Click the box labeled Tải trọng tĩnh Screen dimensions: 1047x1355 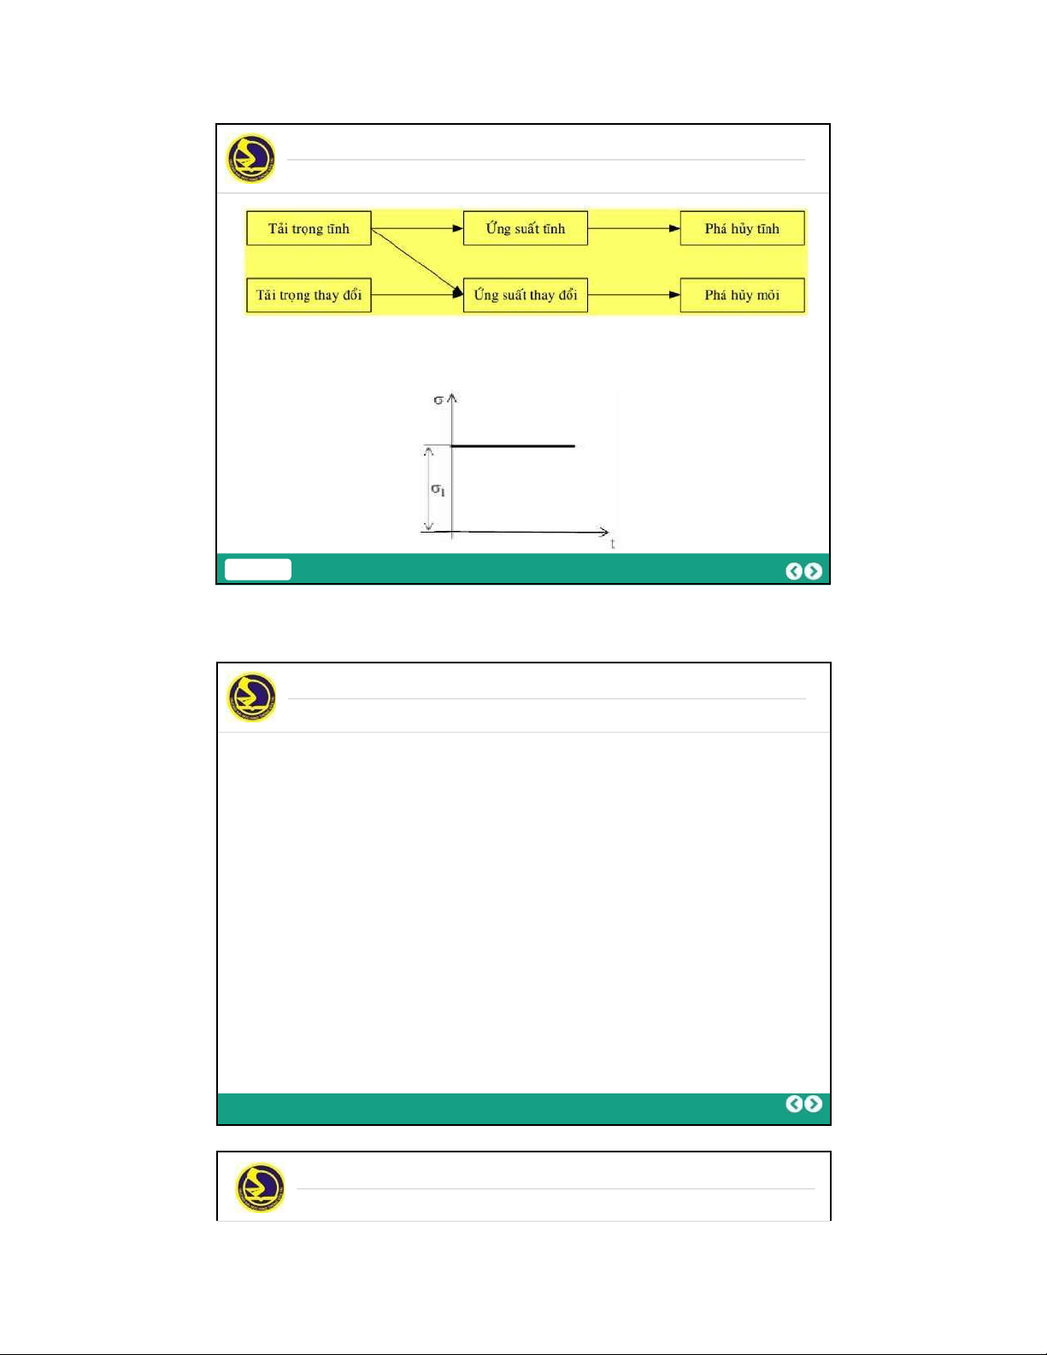point(309,228)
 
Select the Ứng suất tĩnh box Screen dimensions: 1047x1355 point(526,228)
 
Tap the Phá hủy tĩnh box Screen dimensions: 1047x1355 point(742,228)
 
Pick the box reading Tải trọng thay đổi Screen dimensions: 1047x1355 point(309,295)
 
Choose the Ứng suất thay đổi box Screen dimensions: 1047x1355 point(526,295)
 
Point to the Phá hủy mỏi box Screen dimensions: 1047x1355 point(742,295)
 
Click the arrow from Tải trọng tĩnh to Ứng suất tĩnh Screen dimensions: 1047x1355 point(417,228)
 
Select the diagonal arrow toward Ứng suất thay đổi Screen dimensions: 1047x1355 point(417,262)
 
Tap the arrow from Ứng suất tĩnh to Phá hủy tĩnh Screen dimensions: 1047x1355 point(634,228)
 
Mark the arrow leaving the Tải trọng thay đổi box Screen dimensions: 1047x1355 point(417,295)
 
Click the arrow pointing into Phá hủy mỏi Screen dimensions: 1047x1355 point(634,295)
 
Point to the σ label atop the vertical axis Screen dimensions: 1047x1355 point(438,400)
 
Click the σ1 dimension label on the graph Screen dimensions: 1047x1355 point(438,490)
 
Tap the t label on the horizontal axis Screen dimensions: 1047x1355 point(613,544)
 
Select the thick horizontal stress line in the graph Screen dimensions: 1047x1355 point(513,446)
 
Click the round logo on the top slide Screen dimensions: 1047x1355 point(250,158)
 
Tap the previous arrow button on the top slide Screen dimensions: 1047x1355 point(793,571)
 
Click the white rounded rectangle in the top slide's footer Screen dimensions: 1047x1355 point(258,569)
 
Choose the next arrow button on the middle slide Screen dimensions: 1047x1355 point(813,1104)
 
